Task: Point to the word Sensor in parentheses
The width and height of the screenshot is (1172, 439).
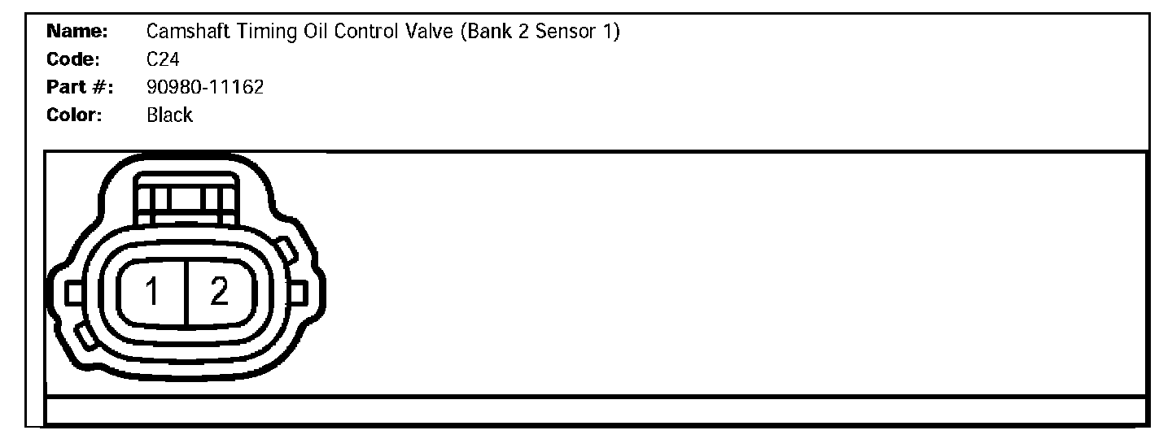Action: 566,33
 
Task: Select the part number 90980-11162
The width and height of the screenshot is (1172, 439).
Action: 205,88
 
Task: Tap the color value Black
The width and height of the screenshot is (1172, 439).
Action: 169,115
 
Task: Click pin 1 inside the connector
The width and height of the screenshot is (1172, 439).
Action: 152,292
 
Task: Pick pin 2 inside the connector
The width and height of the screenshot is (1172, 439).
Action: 219,292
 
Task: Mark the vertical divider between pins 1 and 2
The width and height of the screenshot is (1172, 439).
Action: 186,293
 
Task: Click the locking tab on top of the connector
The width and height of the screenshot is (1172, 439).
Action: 186,200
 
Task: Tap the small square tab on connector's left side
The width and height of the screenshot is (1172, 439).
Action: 72,292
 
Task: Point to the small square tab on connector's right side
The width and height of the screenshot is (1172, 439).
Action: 297,292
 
